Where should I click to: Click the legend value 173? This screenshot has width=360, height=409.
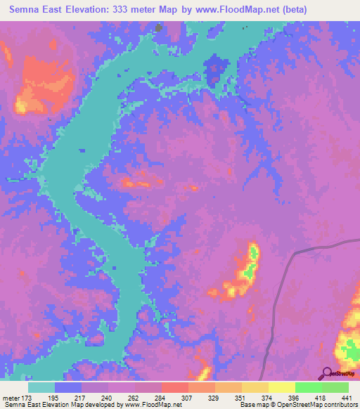(27, 398)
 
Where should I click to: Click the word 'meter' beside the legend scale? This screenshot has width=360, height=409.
(11, 398)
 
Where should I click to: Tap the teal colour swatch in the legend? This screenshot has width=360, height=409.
(41, 387)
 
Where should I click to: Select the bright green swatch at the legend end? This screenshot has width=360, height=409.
(335, 387)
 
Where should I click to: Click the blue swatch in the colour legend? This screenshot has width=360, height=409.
(68, 387)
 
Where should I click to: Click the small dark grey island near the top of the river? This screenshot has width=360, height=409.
(159, 28)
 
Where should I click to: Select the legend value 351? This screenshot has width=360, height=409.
(241, 398)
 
